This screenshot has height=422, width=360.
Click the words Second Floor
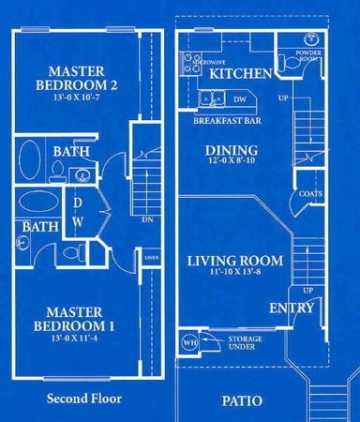[x=84, y=398]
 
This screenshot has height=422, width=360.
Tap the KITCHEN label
[x=240, y=73]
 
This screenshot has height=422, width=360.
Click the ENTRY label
[x=290, y=309]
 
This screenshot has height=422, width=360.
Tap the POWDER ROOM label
[x=308, y=55]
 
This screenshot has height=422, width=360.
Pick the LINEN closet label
[x=152, y=253]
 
